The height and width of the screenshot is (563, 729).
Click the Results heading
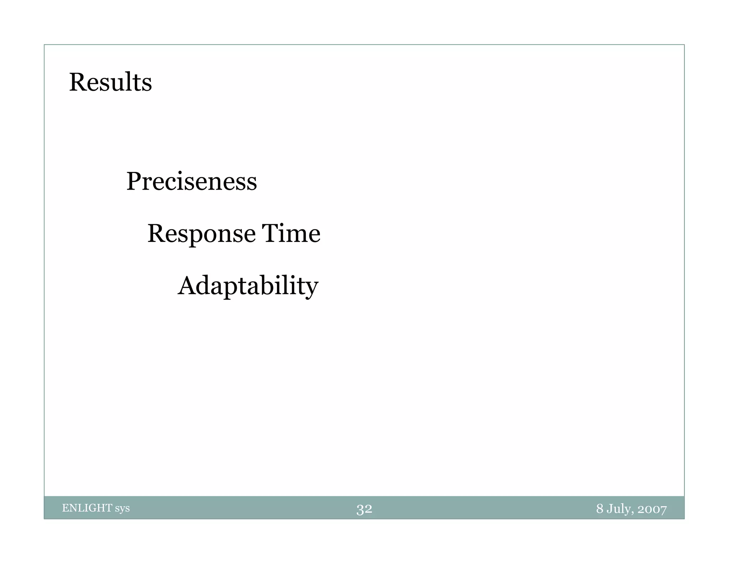tap(110, 82)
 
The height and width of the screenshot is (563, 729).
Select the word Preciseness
tap(192, 181)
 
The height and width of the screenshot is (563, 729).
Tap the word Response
tap(201, 234)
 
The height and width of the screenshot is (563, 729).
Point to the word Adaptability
tap(248, 286)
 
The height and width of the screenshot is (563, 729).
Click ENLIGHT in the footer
tap(87, 508)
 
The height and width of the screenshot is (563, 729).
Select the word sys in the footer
tap(122, 509)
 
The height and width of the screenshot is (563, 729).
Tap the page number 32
tap(364, 509)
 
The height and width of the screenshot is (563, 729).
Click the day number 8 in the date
tap(600, 509)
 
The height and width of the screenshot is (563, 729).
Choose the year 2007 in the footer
tap(652, 509)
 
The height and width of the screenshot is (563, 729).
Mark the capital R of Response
tap(157, 233)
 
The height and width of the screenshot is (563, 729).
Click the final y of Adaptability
tap(311, 289)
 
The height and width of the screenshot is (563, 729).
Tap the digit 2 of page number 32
tap(368, 509)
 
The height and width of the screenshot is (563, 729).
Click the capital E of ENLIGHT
tap(65, 508)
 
